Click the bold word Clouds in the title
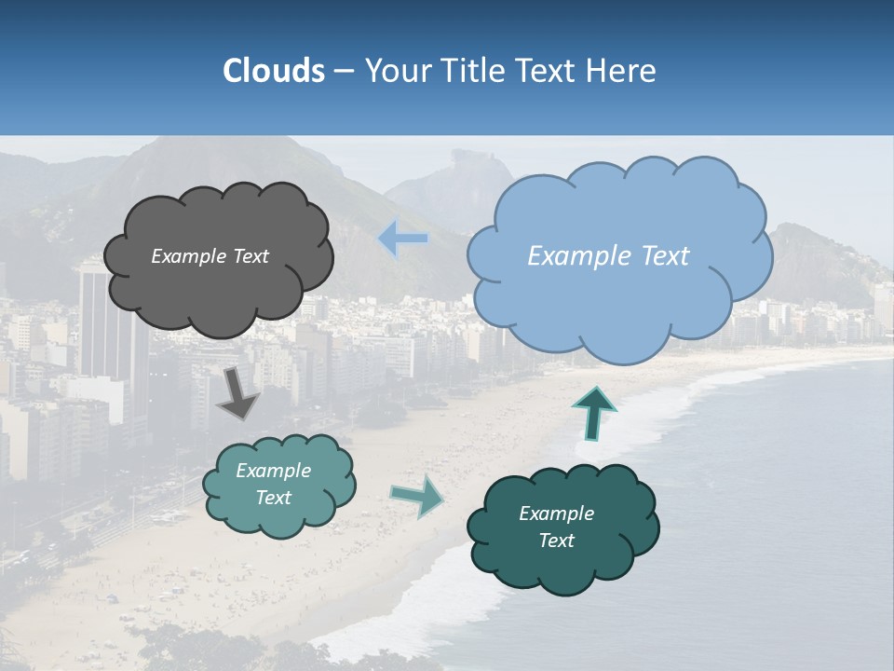click(274, 71)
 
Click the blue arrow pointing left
click(403, 239)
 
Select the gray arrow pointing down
click(238, 394)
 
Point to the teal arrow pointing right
click(417, 495)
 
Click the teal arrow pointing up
click(594, 413)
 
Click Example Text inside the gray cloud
click(210, 256)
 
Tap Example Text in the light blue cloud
click(608, 256)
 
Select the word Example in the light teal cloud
click(273, 471)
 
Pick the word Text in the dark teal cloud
click(556, 541)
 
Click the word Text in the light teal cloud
click(273, 498)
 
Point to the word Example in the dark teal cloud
click(556, 514)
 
